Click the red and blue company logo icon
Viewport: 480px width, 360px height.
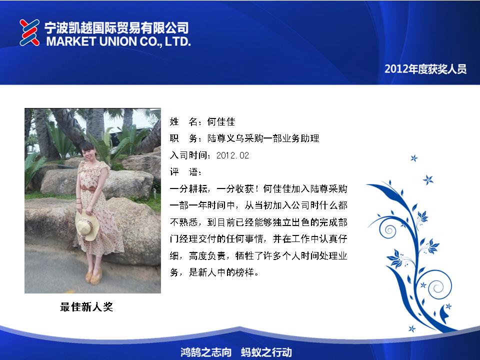click(x=29, y=32)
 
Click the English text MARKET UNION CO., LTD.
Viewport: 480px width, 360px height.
click(x=118, y=41)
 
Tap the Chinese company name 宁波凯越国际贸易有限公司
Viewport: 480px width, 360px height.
click(x=116, y=28)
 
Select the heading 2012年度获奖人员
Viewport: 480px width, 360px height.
click(x=425, y=69)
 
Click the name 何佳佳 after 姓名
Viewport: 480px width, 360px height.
click(x=221, y=122)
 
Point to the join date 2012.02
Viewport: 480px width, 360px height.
click(x=232, y=155)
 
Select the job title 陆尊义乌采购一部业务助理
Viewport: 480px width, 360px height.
click(x=263, y=138)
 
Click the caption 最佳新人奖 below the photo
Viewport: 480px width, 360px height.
click(x=86, y=306)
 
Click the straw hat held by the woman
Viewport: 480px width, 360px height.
click(x=87, y=225)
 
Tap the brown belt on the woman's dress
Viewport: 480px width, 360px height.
click(x=89, y=188)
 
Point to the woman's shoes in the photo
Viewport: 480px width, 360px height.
click(x=93, y=276)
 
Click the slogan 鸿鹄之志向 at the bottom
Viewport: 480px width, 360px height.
click(x=205, y=352)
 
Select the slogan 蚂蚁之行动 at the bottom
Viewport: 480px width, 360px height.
click(x=266, y=352)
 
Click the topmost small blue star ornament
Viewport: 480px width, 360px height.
click(x=414, y=158)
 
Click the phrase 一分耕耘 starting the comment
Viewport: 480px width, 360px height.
click(x=188, y=189)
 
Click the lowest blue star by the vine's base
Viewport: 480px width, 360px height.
click(x=412, y=329)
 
